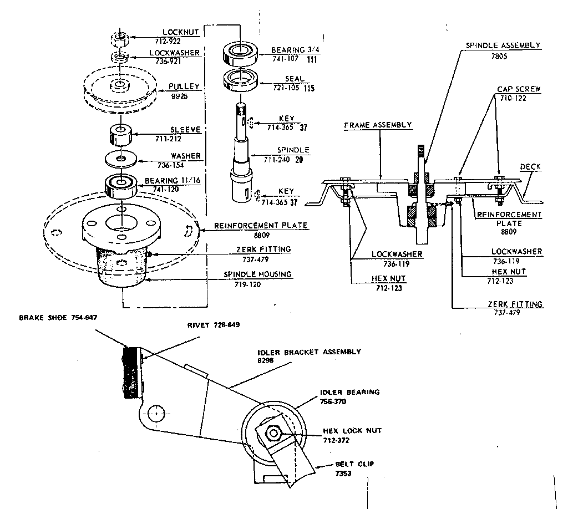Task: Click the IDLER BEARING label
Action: click(350, 392)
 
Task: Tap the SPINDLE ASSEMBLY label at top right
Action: click(503, 45)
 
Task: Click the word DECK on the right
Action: click(530, 166)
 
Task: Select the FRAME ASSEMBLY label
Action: click(378, 125)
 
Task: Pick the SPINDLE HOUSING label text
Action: click(257, 274)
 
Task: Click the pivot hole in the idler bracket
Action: click(158, 413)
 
